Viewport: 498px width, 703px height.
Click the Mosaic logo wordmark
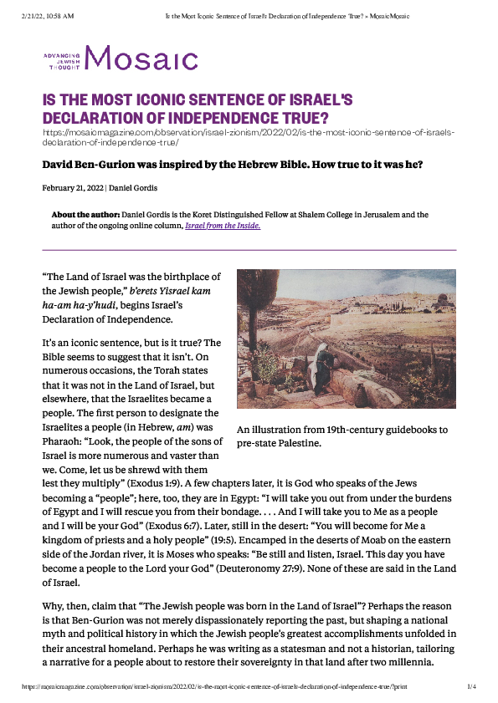tap(140, 59)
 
